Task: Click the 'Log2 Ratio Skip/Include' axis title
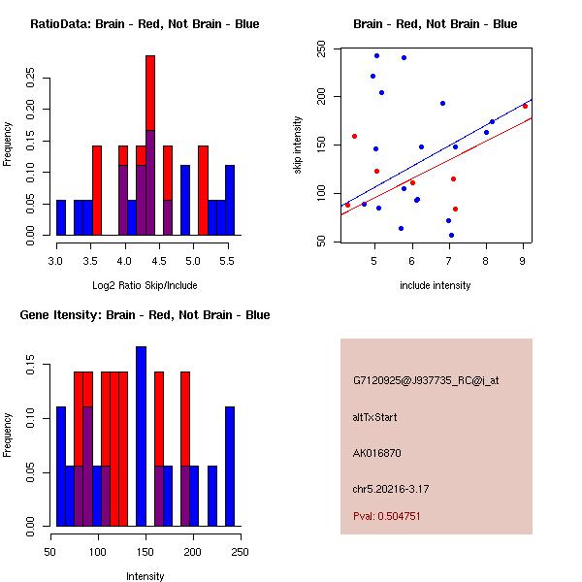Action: pos(144,285)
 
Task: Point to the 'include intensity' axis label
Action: pos(436,285)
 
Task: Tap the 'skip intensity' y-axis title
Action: pos(298,145)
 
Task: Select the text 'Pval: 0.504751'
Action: pos(387,517)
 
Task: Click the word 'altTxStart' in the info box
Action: pos(375,417)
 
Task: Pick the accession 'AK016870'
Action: pos(377,453)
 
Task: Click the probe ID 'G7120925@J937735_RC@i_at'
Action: pos(426,381)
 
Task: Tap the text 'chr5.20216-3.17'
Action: pos(390,488)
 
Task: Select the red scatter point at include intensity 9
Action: pos(525,106)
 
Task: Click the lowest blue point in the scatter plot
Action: pos(451,235)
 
